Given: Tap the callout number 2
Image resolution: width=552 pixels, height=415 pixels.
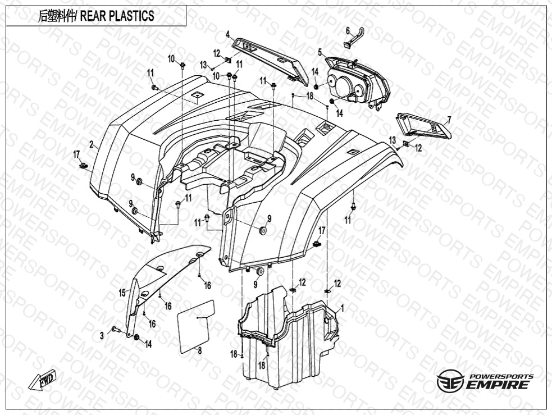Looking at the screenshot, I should point(91,144).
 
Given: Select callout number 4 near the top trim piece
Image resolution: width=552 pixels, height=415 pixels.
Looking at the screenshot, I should point(228,35).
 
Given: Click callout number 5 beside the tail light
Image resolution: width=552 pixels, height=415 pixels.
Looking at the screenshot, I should point(320,52).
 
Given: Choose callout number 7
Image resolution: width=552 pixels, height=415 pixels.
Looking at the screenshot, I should point(449,119).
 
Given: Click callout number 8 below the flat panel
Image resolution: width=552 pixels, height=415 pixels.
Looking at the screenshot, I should point(199,349).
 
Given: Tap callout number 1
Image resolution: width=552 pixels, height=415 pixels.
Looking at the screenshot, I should point(343,308).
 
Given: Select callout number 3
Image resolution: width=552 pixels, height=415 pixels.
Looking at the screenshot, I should point(102,335).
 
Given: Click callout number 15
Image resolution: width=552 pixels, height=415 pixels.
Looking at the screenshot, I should point(121,292).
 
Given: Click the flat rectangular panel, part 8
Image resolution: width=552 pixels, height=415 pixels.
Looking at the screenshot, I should point(196,325).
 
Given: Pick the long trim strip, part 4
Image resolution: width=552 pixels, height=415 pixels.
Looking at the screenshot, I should point(270,56).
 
